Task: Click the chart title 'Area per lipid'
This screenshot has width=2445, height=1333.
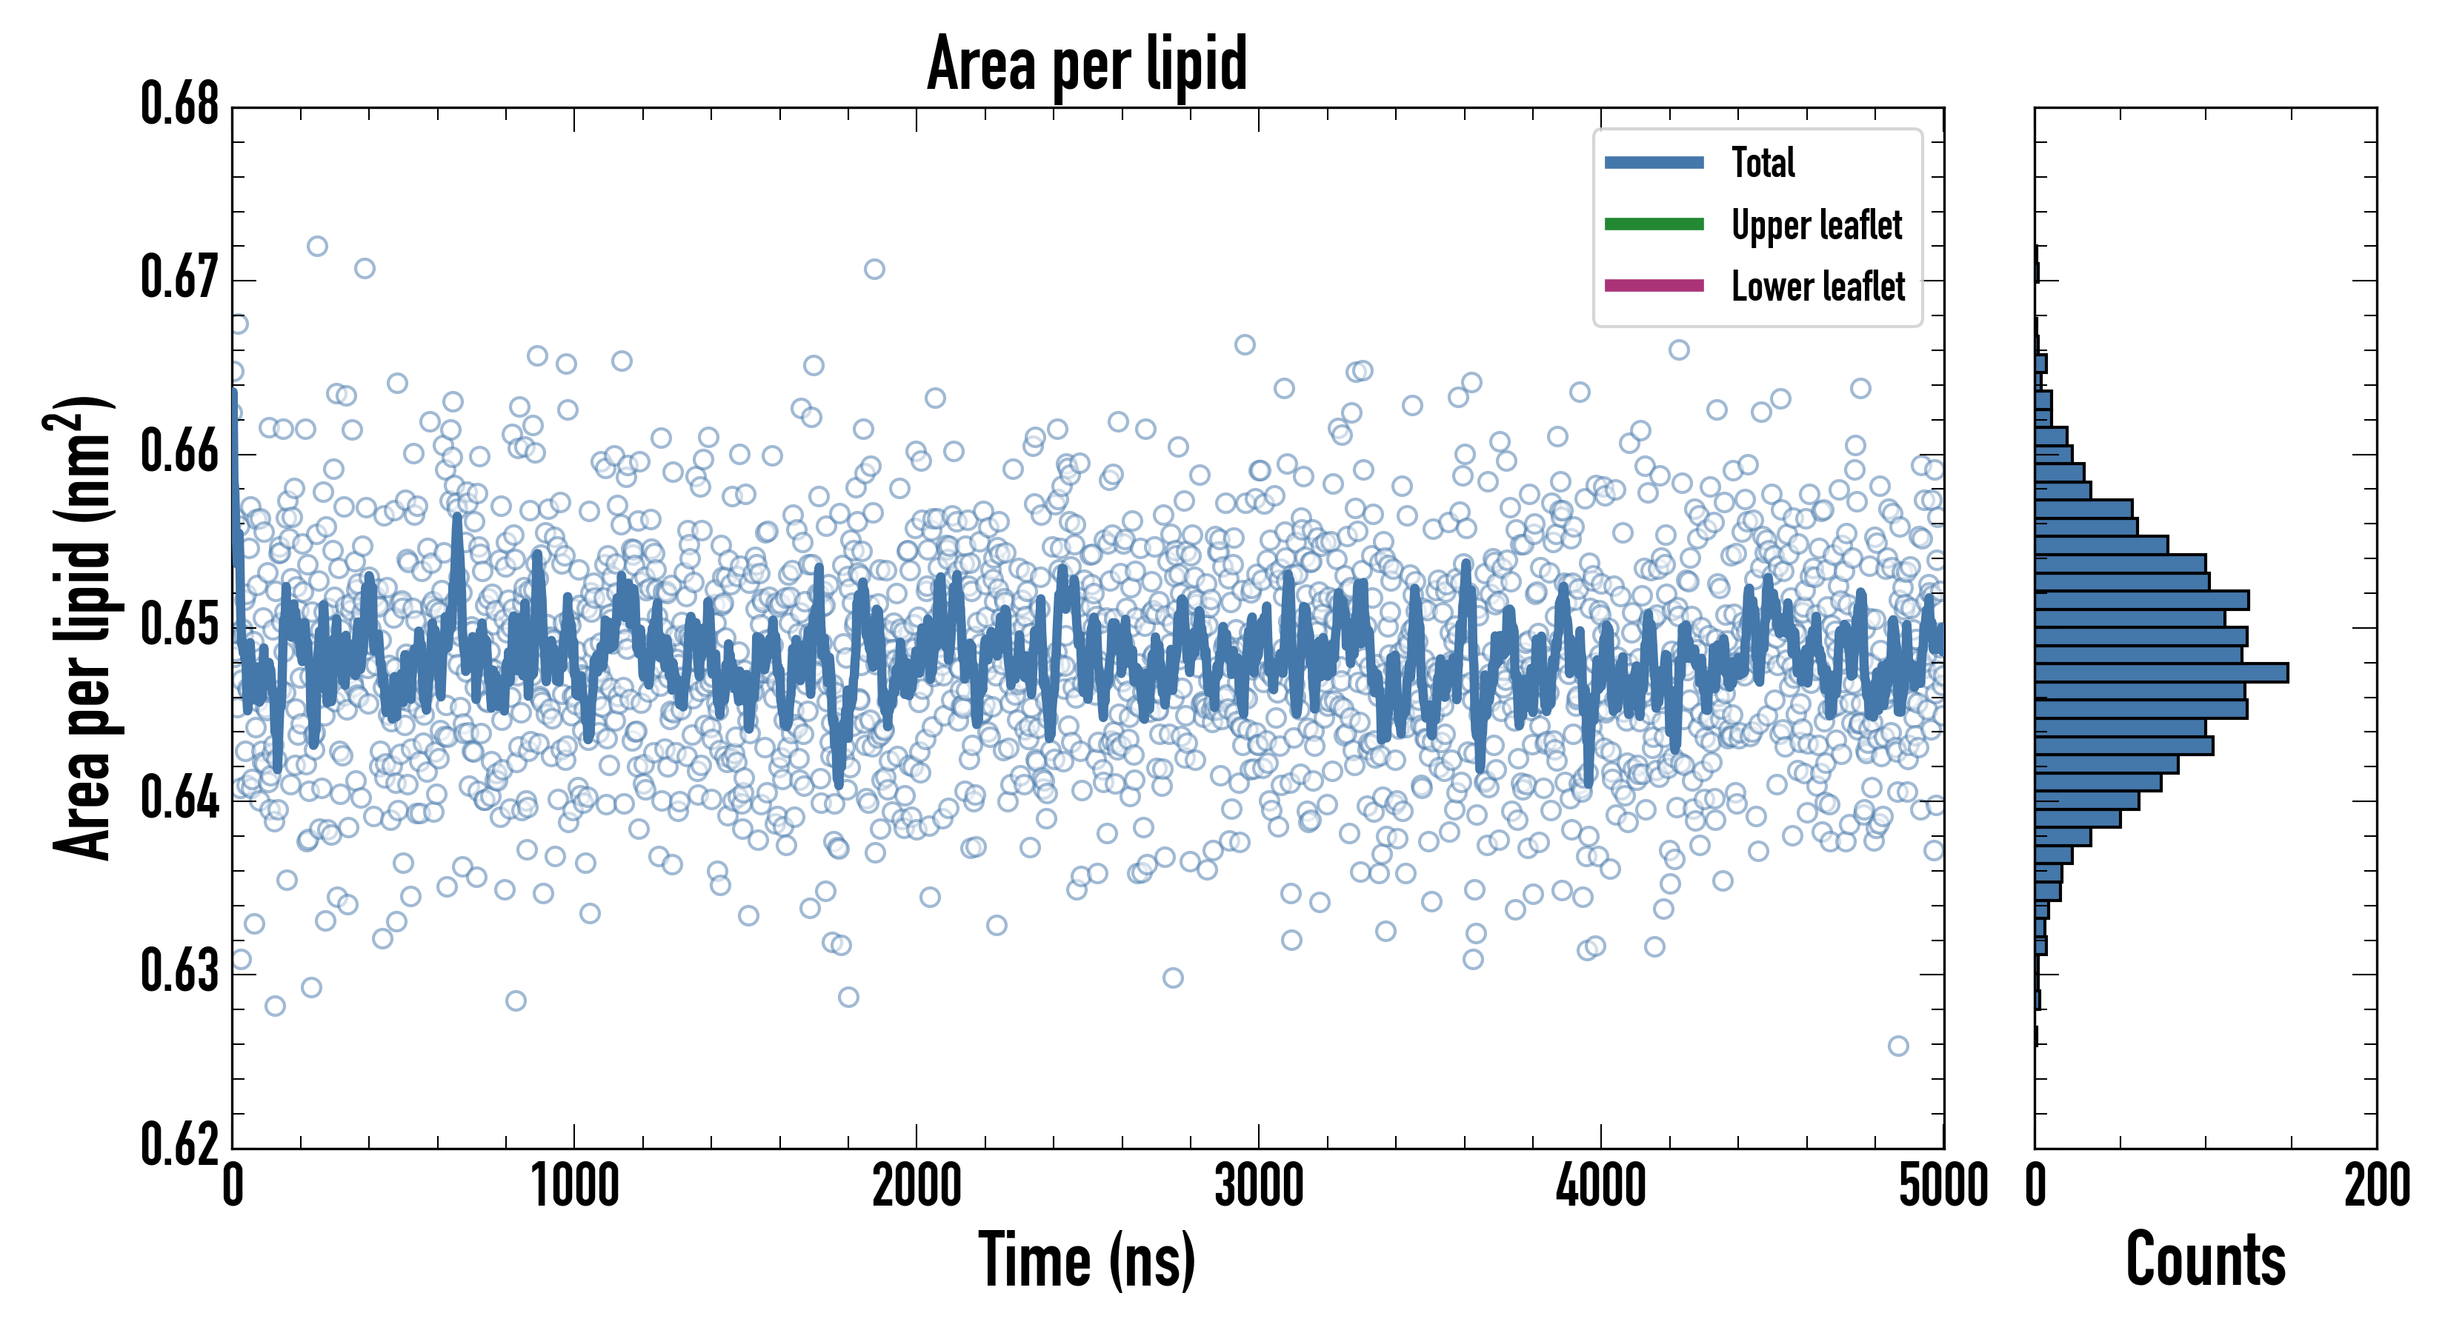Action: pos(1087,64)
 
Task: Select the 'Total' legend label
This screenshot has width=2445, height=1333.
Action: pos(1763,162)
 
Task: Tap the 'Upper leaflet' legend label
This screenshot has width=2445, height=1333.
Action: pos(1816,225)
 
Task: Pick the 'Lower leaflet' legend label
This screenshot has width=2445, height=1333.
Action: pos(1817,287)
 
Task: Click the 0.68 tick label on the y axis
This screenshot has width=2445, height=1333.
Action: pos(179,104)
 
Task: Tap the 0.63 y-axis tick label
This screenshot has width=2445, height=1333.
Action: pos(179,972)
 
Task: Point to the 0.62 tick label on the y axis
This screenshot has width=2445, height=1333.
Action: pos(179,1144)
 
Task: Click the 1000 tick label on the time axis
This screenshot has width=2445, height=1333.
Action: pos(574,1186)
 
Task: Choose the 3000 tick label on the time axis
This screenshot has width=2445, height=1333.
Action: pos(1259,1186)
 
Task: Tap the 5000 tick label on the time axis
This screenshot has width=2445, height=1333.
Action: pos(1943,1186)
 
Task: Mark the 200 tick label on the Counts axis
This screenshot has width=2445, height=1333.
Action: pos(2375,1186)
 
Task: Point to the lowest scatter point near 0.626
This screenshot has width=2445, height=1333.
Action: pos(1897,1046)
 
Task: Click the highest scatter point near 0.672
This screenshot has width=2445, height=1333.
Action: pos(317,247)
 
